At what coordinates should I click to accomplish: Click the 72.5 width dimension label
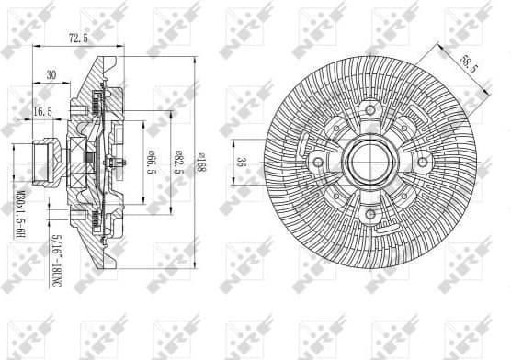coord(76,39)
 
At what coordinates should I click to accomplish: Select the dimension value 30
coord(51,74)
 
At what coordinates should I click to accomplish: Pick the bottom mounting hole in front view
coord(370,215)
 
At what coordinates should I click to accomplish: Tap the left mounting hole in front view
coord(318,163)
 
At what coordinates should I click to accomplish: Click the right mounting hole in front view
coord(424,163)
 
